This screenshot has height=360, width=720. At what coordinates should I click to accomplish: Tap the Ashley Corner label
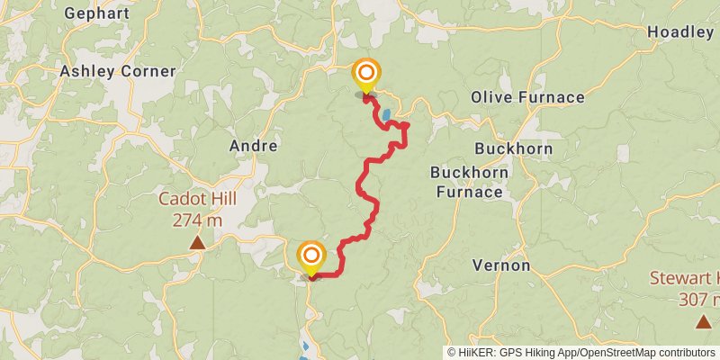coord(118,71)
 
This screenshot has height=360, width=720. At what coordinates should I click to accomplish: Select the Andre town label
coord(253,145)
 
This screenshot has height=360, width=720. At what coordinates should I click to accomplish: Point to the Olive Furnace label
coord(527,97)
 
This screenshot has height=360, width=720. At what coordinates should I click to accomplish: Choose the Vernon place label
coord(501,265)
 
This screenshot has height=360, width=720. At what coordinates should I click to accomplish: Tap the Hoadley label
coord(680,32)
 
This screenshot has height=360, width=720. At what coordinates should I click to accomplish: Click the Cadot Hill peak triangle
coord(196,242)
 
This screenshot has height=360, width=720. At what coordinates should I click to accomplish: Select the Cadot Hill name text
coord(196,200)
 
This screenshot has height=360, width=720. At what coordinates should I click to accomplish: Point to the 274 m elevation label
coord(197,220)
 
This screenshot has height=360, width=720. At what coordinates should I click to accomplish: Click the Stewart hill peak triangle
coord(702,321)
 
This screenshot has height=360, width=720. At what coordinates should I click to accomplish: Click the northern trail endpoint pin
coord(366,75)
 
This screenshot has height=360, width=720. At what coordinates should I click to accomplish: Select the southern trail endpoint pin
coord(311,257)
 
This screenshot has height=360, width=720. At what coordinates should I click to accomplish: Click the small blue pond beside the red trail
coord(386,115)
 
